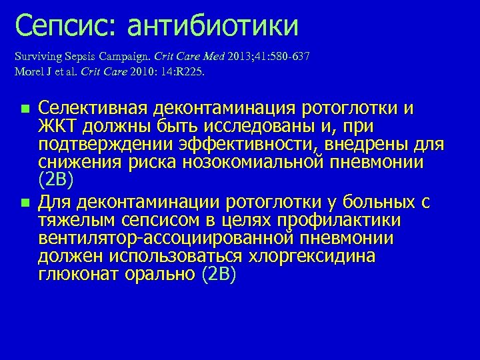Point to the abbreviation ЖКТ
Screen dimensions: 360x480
point(58,127)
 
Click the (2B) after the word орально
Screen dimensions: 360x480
point(218,275)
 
